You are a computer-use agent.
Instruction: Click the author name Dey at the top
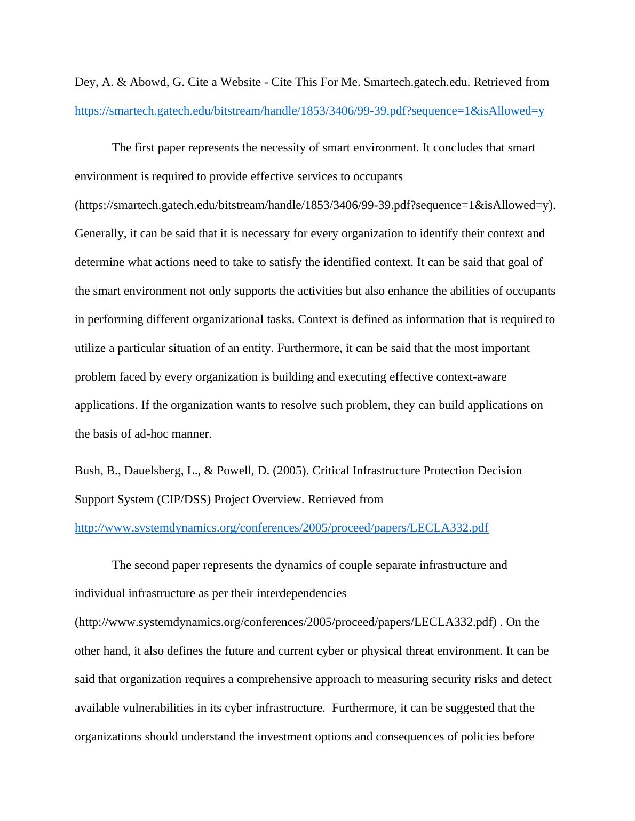[x=85, y=82]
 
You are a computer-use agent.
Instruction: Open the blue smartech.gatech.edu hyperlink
[x=309, y=111]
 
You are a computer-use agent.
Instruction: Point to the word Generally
[x=100, y=234]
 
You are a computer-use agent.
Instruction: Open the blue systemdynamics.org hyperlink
[x=281, y=528]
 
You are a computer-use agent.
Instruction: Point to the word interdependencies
[x=302, y=593]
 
